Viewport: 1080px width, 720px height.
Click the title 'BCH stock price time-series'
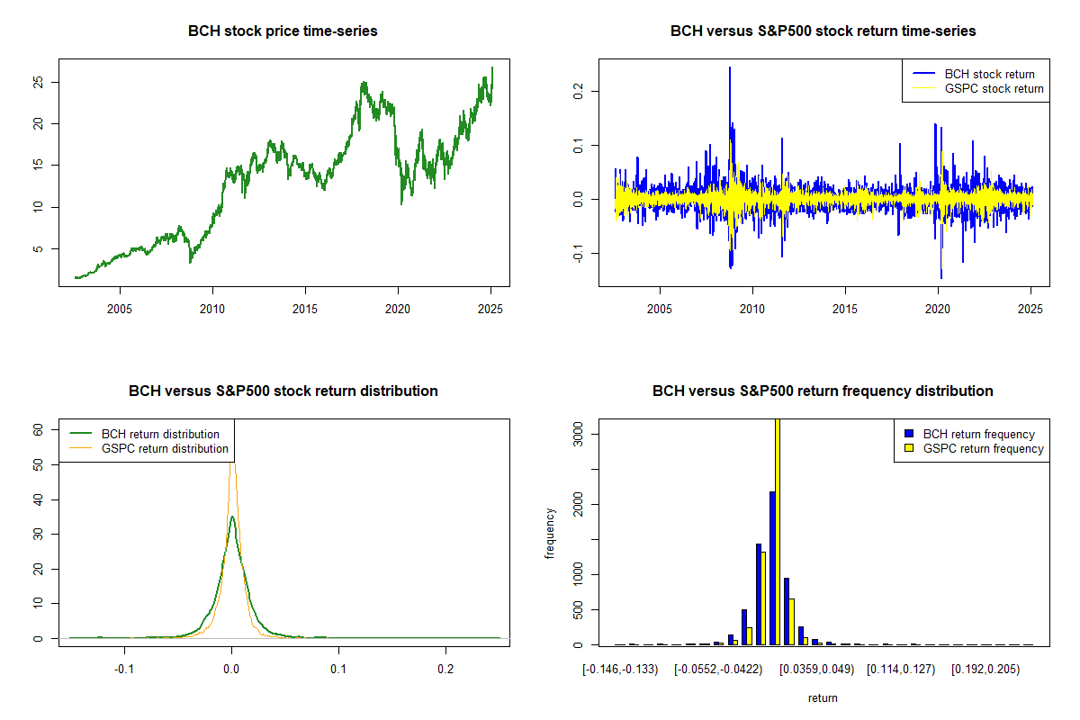[x=283, y=31]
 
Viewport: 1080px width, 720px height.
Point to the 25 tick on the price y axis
[x=37, y=82]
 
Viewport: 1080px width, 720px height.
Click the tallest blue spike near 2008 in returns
[x=730, y=68]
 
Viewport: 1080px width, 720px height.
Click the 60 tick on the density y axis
[x=37, y=430]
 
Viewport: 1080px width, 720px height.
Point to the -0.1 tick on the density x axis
[x=124, y=669]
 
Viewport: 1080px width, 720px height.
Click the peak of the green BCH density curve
[x=232, y=517]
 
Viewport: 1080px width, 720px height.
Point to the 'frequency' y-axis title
[x=550, y=532]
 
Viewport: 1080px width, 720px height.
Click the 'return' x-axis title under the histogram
[x=823, y=697]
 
